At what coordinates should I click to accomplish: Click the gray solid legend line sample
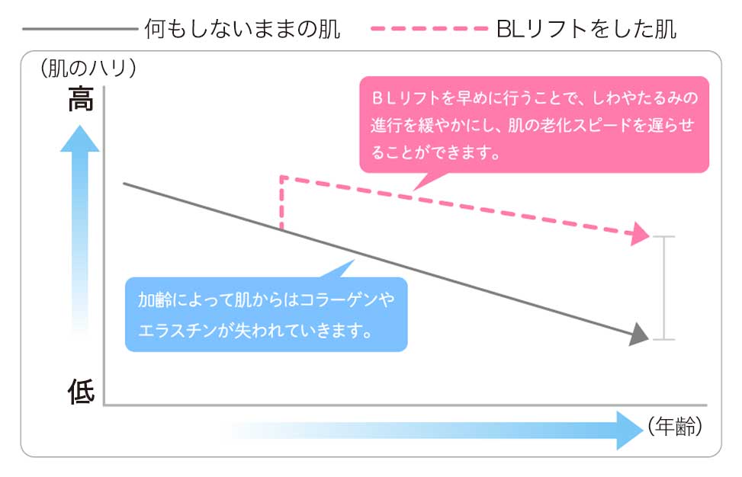pyautogui.click(x=79, y=29)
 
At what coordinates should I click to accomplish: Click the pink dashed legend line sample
pyautogui.click(x=429, y=28)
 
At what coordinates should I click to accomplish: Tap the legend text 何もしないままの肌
pyautogui.click(x=243, y=29)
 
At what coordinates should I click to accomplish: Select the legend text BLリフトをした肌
pyautogui.click(x=586, y=29)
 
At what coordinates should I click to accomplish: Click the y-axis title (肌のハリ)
pyautogui.click(x=88, y=68)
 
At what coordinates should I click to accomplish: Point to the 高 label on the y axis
pyautogui.click(x=80, y=99)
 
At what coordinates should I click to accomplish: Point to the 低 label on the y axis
pyautogui.click(x=81, y=392)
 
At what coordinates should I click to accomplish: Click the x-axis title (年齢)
pyautogui.click(x=675, y=427)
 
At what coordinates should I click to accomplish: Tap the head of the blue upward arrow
pyautogui.click(x=79, y=139)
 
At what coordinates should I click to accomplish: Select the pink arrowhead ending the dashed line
pyautogui.click(x=641, y=233)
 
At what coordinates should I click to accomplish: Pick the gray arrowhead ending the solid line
pyautogui.click(x=639, y=334)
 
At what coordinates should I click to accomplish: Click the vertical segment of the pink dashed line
pyautogui.click(x=281, y=203)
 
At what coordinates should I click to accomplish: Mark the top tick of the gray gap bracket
pyautogui.click(x=663, y=236)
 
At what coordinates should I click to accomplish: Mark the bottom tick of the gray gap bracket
pyautogui.click(x=663, y=339)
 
